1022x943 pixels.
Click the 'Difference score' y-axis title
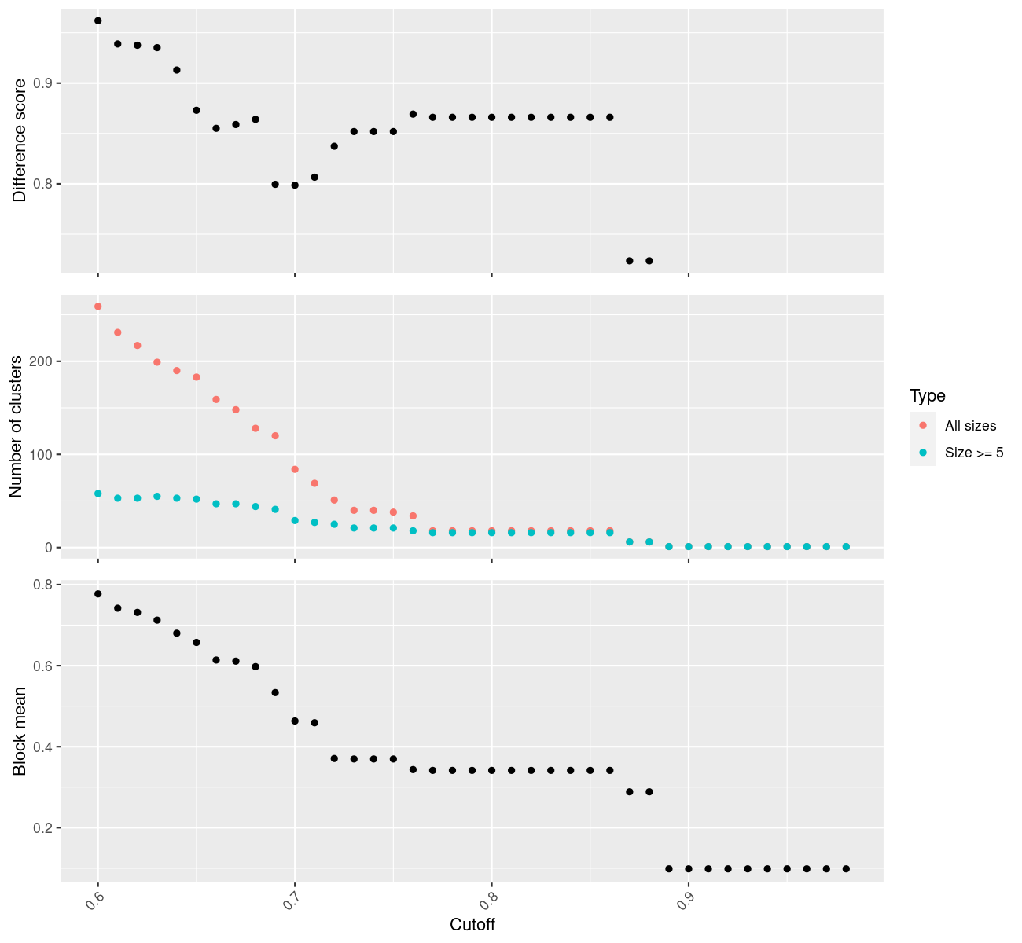tap(20, 140)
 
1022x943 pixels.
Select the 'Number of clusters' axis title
tap(16, 427)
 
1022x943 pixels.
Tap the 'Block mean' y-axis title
tap(20, 731)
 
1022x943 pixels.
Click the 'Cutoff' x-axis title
tap(472, 924)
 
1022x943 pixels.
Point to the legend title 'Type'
tap(928, 395)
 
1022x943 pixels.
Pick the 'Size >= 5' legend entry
tap(974, 453)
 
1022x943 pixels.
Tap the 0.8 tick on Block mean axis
tap(43, 585)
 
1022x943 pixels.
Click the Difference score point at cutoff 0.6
tap(97, 20)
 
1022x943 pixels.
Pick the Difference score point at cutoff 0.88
tap(649, 261)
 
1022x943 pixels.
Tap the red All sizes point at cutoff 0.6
tap(97, 306)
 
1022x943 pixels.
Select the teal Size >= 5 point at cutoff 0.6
tap(97, 494)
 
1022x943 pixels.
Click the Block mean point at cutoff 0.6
tap(97, 594)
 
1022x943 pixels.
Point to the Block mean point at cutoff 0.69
tap(275, 692)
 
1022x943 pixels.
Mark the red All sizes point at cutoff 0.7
tap(295, 469)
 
